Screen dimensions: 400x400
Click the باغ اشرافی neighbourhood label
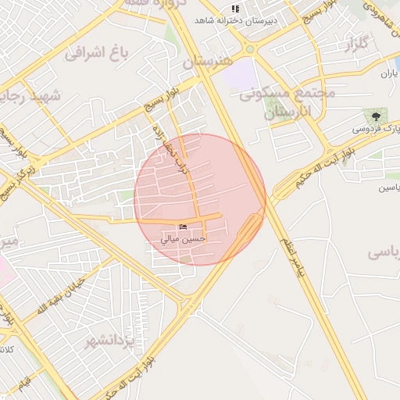coord(96,54)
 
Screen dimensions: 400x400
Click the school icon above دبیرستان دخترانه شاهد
coord(236,9)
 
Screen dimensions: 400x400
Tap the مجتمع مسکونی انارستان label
coord(287,102)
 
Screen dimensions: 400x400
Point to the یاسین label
coord(389,187)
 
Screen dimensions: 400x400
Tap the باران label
coord(390,73)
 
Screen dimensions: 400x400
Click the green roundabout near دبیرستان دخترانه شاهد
coord(250,49)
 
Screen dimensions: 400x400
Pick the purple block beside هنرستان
coord(243,75)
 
